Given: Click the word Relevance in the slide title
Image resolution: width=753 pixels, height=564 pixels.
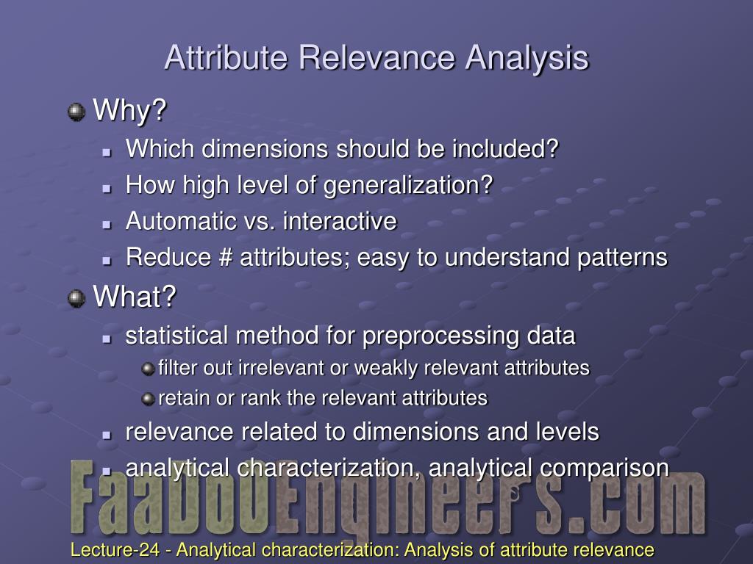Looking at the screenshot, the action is [x=376, y=57].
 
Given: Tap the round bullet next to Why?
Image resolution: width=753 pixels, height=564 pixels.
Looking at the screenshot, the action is [x=76, y=112].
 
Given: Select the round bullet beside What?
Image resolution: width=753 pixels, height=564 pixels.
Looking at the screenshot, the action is [x=76, y=298].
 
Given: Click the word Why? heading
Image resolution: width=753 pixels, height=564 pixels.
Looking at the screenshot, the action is [x=129, y=110].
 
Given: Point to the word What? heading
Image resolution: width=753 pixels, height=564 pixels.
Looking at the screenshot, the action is [x=135, y=296].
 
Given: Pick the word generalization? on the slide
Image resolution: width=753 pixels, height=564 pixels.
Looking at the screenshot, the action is [x=408, y=186].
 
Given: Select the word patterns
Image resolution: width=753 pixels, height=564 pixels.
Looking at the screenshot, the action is [x=622, y=258].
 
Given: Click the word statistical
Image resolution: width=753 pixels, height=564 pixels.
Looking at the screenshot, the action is [x=176, y=335].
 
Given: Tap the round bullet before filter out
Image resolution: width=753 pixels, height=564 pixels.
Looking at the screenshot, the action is [x=148, y=369].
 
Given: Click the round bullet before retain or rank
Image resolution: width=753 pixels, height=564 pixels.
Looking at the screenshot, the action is [x=148, y=399].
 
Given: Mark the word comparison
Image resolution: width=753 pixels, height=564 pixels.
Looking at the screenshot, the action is [x=604, y=469].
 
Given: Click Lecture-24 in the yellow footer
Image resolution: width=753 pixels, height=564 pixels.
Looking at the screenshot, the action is [x=115, y=549].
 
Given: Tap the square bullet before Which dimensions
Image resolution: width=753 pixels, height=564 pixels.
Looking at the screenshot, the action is [x=107, y=153].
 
